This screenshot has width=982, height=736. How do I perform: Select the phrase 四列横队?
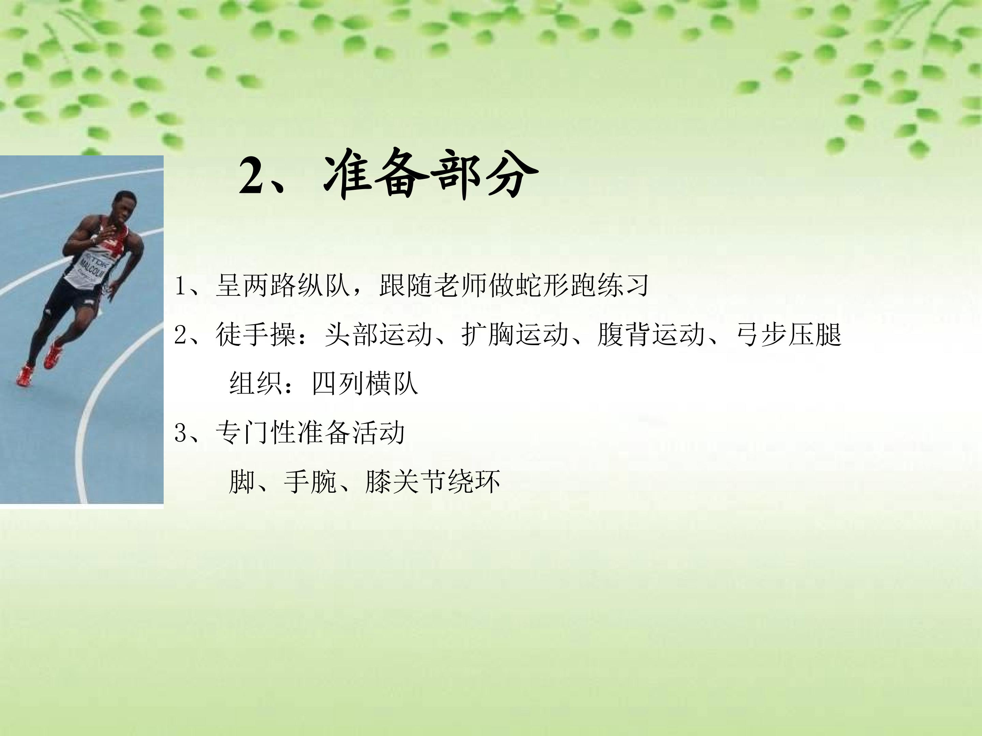pyautogui.click(x=365, y=383)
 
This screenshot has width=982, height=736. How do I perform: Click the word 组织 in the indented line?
pyautogui.click(x=256, y=383)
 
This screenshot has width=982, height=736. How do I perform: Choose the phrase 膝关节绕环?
pyautogui.click(x=433, y=481)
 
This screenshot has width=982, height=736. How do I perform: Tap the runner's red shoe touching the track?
pyautogui.click(x=25, y=375)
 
